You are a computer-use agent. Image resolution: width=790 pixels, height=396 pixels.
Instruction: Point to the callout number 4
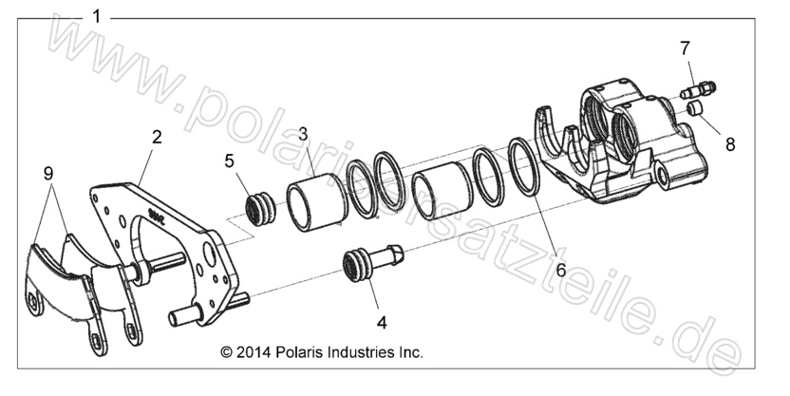click(381, 322)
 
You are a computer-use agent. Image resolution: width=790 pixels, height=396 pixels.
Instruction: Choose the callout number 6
click(561, 269)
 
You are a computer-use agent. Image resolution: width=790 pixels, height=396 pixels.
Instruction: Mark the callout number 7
click(684, 47)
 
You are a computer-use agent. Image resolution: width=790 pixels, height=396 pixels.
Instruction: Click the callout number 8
click(729, 145)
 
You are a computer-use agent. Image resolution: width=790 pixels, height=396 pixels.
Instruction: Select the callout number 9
click(47, 173)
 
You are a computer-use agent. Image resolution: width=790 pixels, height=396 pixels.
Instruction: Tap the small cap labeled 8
click(696, 112)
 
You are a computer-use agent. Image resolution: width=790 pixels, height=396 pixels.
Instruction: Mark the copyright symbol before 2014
click(227, 351)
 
